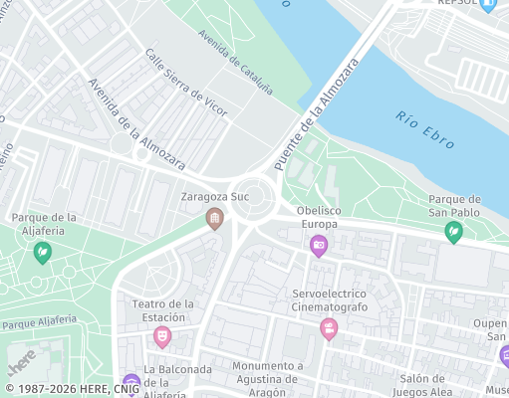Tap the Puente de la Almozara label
coord(316,113)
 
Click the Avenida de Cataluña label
coord(235,62)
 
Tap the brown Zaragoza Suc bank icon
coord(213,218)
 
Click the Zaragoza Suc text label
coord(214,197)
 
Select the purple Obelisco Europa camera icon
coord(319,245)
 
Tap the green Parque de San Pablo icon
coord(453,232)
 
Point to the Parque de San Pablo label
coord(454,205)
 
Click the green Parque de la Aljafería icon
coord(43,253)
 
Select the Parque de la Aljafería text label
coord(44,224)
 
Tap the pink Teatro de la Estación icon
coord(161,337)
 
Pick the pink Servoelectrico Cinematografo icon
coord(329,329)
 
